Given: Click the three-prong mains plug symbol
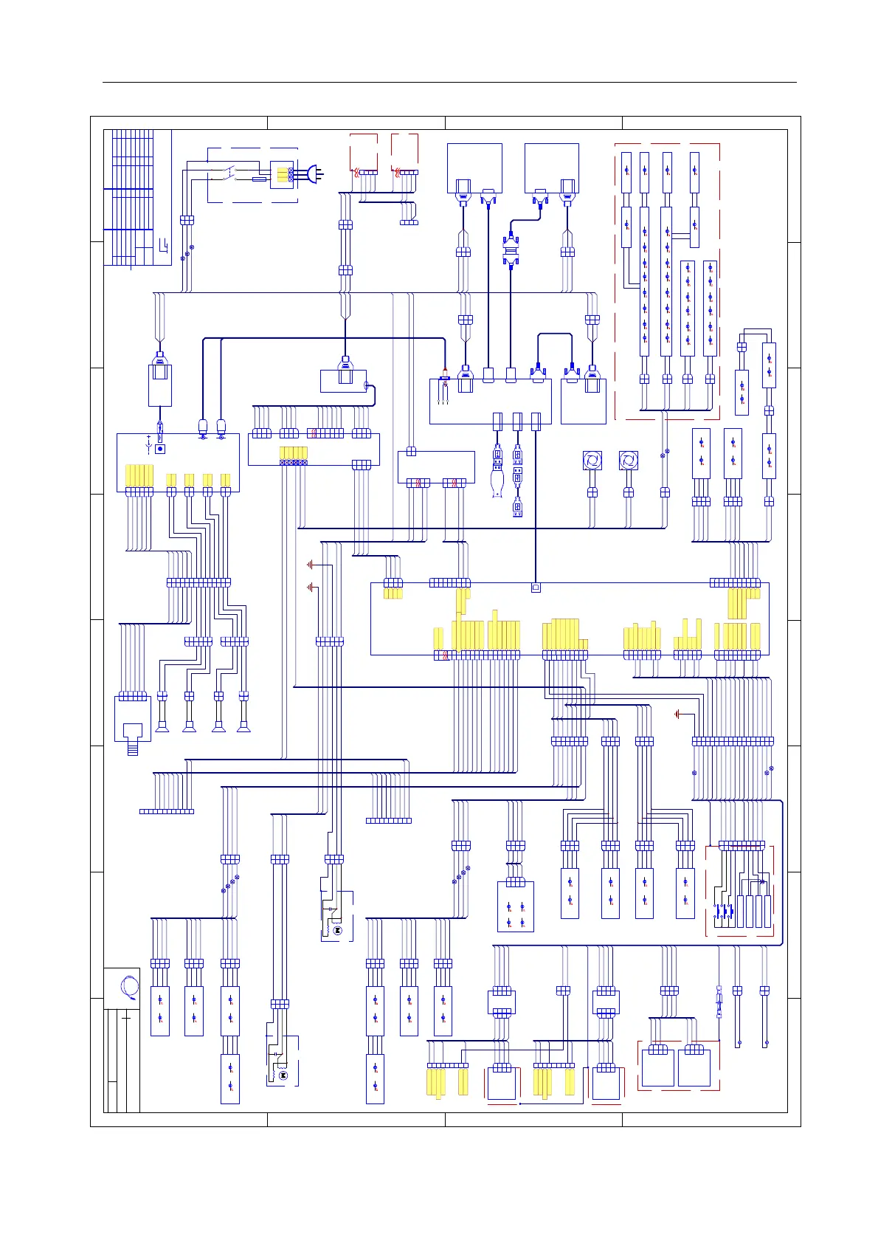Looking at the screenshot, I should (315, 175).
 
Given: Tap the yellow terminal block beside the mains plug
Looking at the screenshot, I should (283, 175).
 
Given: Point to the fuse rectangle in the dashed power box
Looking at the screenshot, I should (259, 179).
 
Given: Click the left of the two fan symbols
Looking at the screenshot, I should (592, 461).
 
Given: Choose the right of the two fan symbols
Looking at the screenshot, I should (628, 461).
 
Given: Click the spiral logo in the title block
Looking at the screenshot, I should (129, 987).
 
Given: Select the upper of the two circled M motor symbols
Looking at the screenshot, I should (337, 932).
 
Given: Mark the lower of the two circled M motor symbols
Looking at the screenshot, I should (282, 1076).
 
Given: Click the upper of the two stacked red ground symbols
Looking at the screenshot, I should (311, 565).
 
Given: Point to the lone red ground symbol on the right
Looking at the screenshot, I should (678, 714).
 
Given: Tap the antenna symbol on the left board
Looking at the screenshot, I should (149, 445).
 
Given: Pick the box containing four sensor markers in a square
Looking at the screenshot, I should (516, 906).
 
